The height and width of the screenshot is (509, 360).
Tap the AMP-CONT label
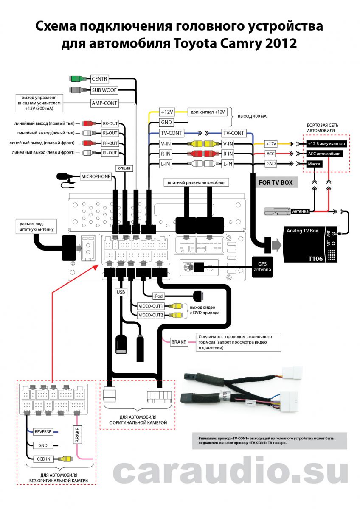pyautogui.click(x=104, y=103)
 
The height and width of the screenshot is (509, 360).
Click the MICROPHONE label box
pyautogui.click(x=96, y=176)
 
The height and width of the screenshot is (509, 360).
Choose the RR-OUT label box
pyautogui.click(x=110, y=124)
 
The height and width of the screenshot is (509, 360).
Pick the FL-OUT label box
pyautogui.click(x=110, y=153)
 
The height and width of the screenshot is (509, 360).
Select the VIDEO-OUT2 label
pyautogui.click(x=151, y=315)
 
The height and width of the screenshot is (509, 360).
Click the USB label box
pyautogui.click(x=121, y=292)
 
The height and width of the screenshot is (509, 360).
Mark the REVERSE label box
pyautogui.click(x=43, y=432)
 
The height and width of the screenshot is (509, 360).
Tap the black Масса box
pyautogui.click(x=315, y=164)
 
